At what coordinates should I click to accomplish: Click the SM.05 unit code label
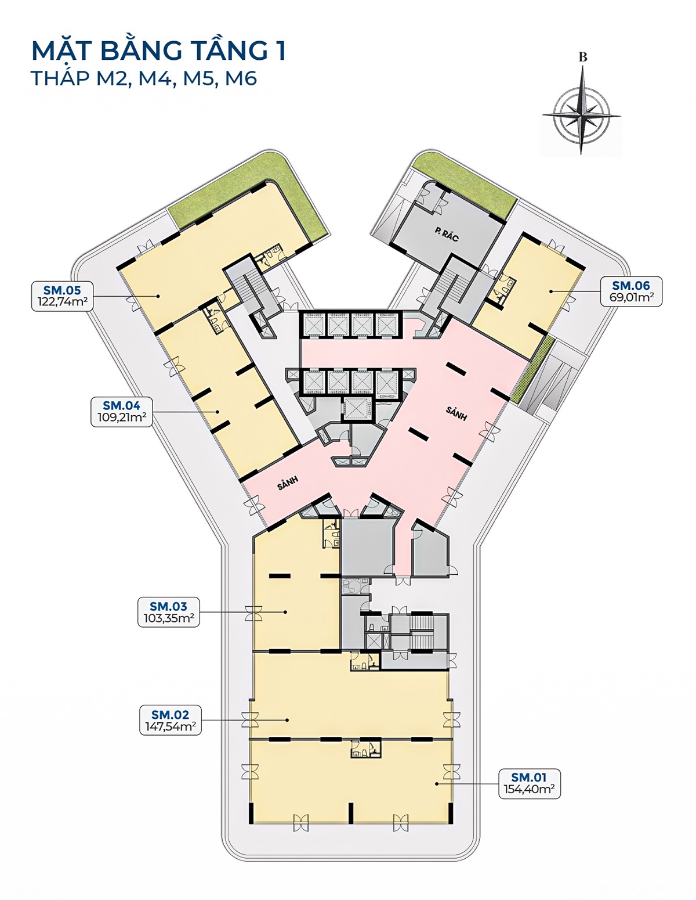(x=62, y=290)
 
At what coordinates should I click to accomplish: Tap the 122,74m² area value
(x=63, y=302)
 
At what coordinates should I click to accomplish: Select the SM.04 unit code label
(x=122, y=405)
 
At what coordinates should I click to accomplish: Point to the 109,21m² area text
(x=122, y=417)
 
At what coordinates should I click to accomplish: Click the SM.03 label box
(x=168, y=612)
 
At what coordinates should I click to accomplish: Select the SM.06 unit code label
(x=631, y=285)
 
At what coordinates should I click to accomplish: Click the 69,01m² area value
(x=631, y=297)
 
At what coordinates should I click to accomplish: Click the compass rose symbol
(x=581, y=110)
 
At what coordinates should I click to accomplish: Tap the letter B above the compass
(x=583, y=57)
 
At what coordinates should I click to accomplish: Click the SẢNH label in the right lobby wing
(x=456, y=413)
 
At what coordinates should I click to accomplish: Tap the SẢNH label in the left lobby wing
(x=288, y=483)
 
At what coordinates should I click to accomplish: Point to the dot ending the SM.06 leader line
(x=551, y=291)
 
